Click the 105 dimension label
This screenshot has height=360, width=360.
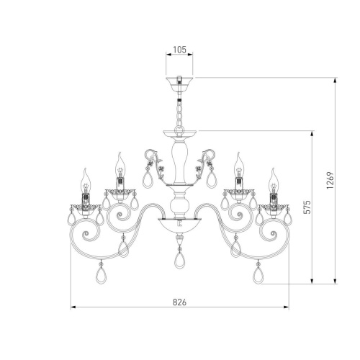(x=179, y=50)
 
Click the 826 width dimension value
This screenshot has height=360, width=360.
(x=179, y=302)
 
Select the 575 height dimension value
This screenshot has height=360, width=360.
(x=307, y=207)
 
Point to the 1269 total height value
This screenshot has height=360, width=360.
(x=330, y=180)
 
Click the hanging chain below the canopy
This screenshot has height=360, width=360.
(x=179, y=113)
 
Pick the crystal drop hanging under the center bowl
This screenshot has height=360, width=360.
(x=179, y=258)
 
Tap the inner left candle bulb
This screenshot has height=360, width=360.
(x=120, y=165)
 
